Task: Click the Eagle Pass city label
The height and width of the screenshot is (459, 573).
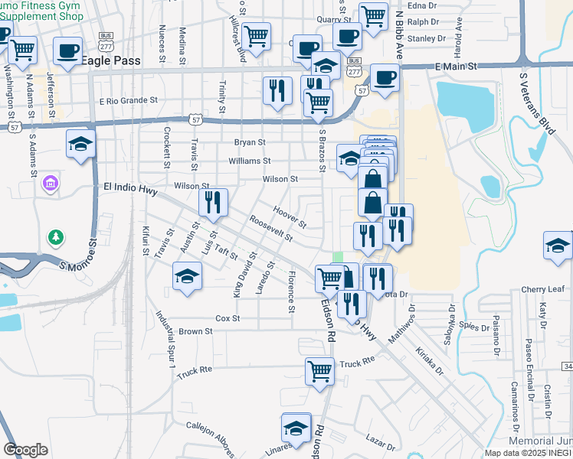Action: pyautogui.click(x=116, y=61)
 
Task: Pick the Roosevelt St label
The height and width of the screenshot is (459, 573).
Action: pyautogui.click(x=271, y=228)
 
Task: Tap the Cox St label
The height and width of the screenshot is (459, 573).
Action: pyautogui.click(x=228, y=317)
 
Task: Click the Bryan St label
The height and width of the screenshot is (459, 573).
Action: pyautogui.click(x=250, y=142)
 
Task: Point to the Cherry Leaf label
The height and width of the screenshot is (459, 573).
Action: pyautogui.click(x=542, y=289)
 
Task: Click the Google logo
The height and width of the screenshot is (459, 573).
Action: pyautogui.click(x=25, y=450)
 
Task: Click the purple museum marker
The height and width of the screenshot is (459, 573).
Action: pyautogui.click(x=51, y=183)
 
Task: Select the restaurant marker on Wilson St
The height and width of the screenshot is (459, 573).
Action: pyautogui.click(x=213, y=201)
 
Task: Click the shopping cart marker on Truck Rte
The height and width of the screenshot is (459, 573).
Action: pyautogui.click(x=319, y=371)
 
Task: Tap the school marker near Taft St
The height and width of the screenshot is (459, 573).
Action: pyautogui.click(x=188, y=276)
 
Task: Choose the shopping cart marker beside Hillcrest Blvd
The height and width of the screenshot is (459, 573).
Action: pyautogui.click(x=257, y=34)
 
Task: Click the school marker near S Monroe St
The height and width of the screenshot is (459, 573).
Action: pyautogui.click(x=80, y=145)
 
